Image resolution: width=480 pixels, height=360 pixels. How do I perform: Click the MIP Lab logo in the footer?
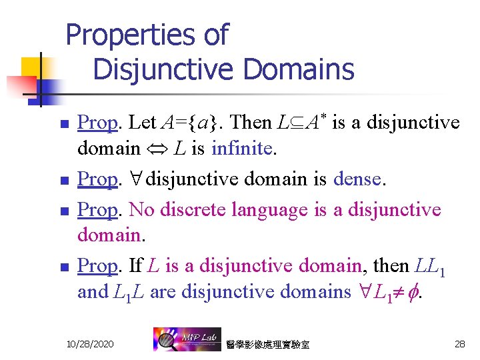pos(183,339)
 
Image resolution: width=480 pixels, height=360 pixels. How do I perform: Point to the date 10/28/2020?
pos(90,343)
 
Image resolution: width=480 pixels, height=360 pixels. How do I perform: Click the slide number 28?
pos(459,343)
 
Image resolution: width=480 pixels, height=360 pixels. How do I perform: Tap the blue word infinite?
pos(241,148)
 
